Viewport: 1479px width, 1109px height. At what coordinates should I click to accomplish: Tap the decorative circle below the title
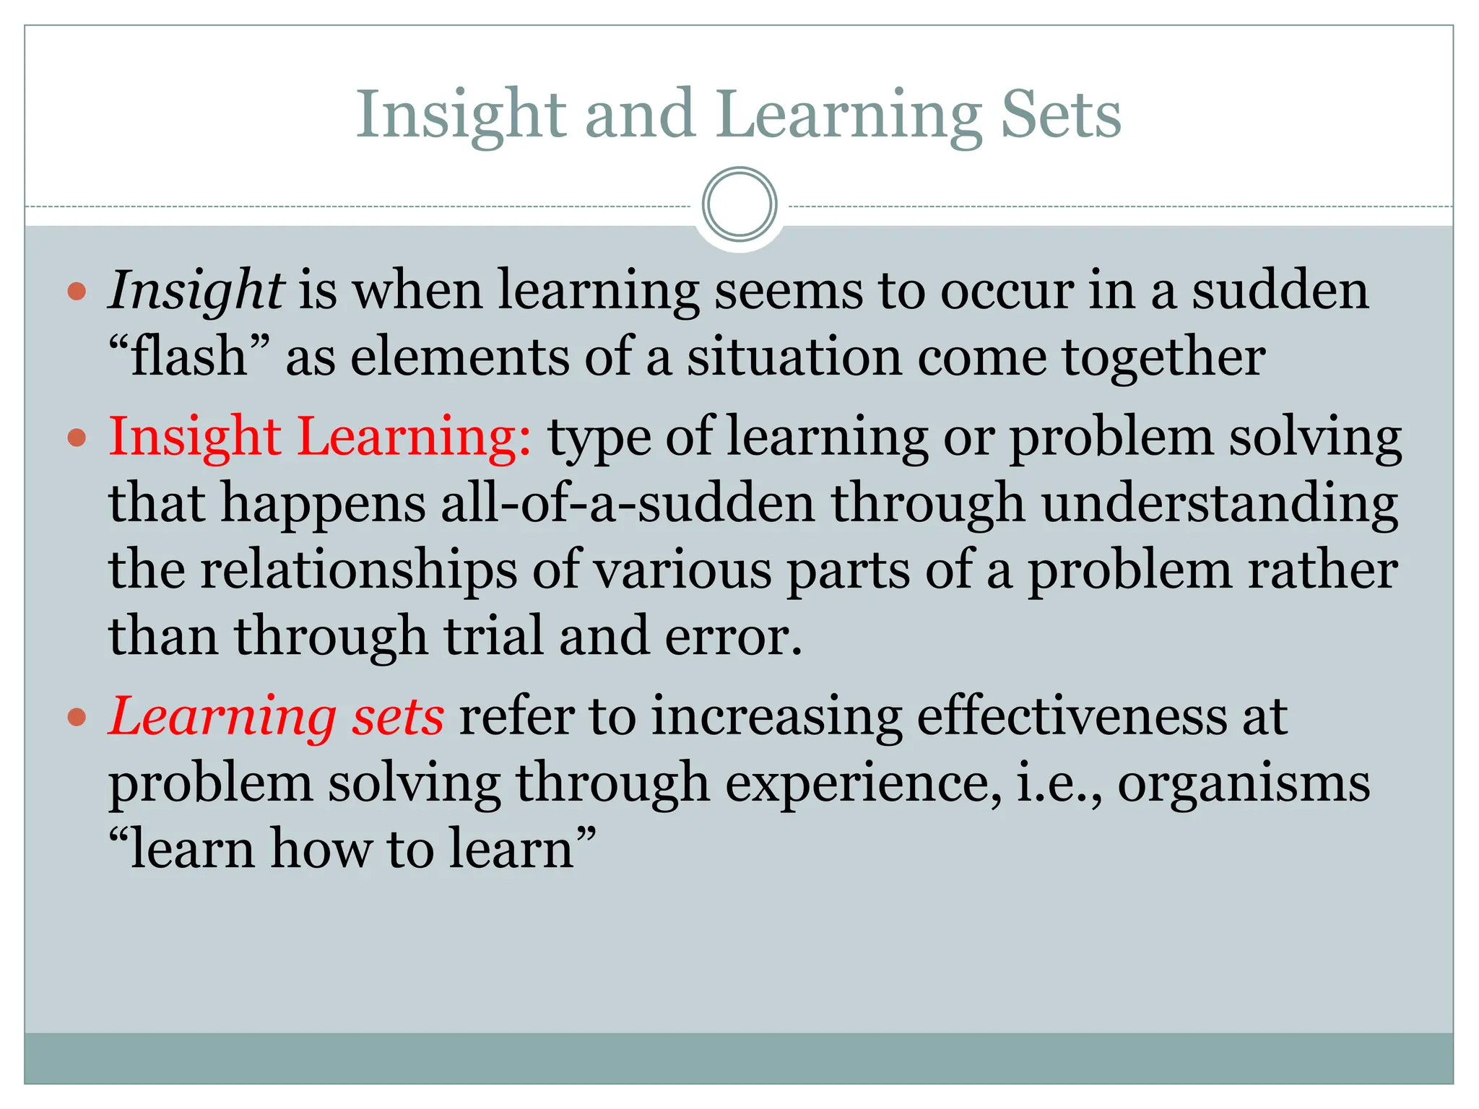[x=739, y=204]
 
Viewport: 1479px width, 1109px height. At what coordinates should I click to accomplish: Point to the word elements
[x=459, y=357]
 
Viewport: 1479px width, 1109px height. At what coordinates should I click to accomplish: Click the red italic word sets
[x=398, y=717]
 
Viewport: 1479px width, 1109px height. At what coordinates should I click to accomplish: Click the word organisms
[x=1244, y=783]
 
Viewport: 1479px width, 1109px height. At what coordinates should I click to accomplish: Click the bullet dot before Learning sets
[x=77, y=718]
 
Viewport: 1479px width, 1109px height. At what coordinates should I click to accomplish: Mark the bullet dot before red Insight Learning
[x=77, y=438]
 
